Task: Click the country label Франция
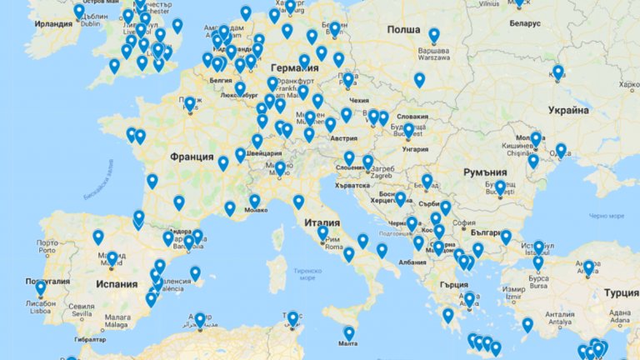coord(192,157)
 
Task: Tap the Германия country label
coord(296,67)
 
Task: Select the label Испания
coord(116,284)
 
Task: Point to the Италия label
coord(322,223)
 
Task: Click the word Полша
coord(404,29)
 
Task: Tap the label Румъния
coord(485,172)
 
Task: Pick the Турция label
coord(621,293)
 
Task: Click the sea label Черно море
coord(606,216)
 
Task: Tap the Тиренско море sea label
coord(304,273)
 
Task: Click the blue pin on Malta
coord(348,332)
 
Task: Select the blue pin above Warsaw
coord(433,35)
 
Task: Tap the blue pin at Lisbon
coord(40,287)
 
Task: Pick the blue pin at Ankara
coord(588,267)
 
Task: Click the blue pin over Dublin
coord(79,11)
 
